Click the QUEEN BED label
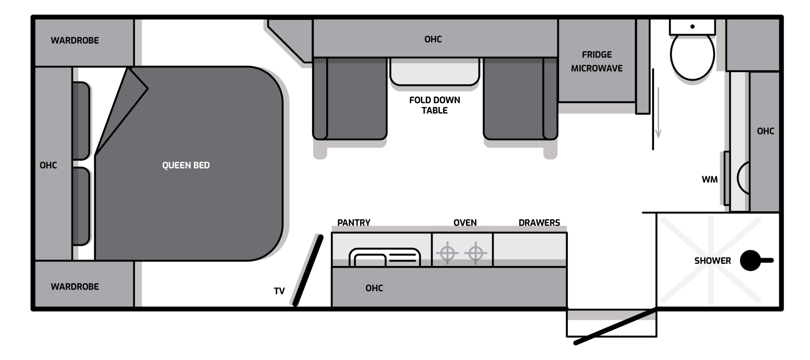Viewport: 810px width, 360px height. [186, 165]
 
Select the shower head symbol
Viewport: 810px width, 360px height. [756, 260]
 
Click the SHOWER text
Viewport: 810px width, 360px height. [713, 261]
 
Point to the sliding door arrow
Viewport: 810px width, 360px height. [658, 113]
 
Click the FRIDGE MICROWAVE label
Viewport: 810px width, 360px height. [597, 61]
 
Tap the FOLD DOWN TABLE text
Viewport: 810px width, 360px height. [435, 105]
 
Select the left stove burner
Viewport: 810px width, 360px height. [447, 252]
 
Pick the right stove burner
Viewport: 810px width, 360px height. [476, 252]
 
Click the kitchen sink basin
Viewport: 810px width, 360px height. [384, 257]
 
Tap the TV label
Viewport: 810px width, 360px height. [279, 291]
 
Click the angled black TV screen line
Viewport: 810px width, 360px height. [308, 271]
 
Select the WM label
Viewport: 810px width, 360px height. [710, 180]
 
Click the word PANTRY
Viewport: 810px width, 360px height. [354, 223]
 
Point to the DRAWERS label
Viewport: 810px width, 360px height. [539, 223]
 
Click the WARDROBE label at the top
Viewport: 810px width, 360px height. [75, 40]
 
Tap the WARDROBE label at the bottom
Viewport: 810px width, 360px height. [75, 287]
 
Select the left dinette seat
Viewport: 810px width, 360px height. [350, 98]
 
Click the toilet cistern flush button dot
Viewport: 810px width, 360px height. [693, 27]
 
